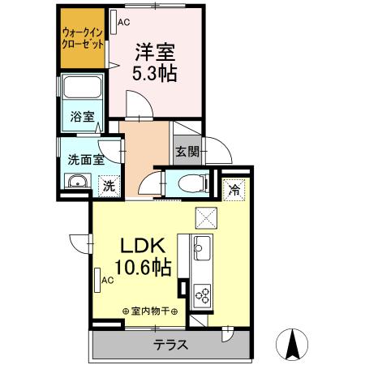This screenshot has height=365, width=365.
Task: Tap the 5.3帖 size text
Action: (x=156, y=73)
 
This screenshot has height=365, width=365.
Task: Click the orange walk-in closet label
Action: (x=82, y=39)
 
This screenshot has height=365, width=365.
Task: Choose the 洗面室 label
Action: (x=84, y=159)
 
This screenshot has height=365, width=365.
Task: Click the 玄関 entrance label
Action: (x=186, y=151)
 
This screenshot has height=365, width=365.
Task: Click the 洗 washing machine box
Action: (x=107, y=186)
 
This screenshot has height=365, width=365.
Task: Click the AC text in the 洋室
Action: (x=123, y=23)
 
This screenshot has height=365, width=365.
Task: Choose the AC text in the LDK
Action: (x=107, y=281)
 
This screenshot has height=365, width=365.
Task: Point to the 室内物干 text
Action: (x=149, y=311)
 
